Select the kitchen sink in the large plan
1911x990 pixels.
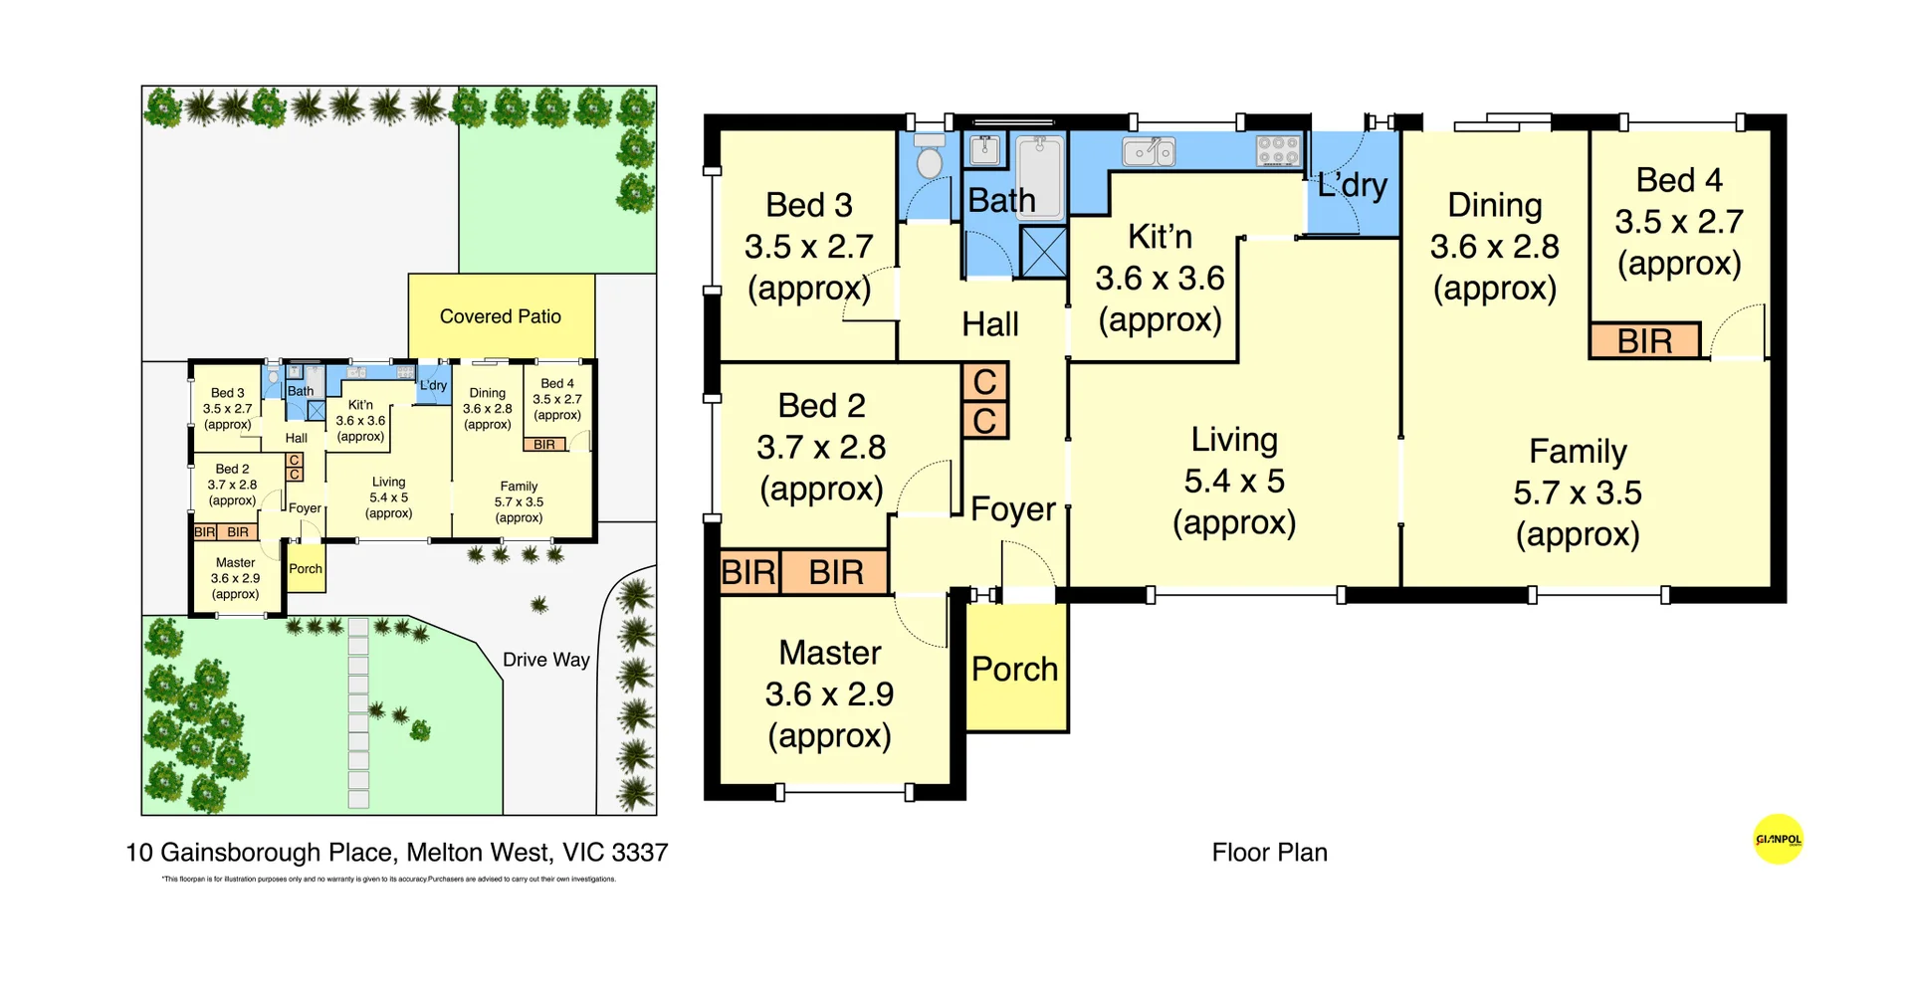[1149, 152]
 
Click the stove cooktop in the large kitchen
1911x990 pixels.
[1278, 150]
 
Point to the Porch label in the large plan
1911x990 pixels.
[1014, 670]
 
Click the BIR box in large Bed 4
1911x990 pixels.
[1644, 341]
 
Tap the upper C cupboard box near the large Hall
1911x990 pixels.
[984, 382]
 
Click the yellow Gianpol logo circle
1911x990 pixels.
[1778, 840]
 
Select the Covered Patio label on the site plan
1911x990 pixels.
[500, 316]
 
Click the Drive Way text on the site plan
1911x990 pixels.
[545, 660]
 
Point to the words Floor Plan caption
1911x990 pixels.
[1269, 853]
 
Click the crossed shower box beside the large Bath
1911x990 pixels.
[1043, 251]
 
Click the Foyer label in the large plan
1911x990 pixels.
[1012, 509]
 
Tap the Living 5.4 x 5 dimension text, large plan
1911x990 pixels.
[1233, 482]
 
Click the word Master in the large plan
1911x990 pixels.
[829, 653]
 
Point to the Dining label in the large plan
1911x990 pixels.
[1494, 205]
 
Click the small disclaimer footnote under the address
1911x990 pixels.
[388, 880]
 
